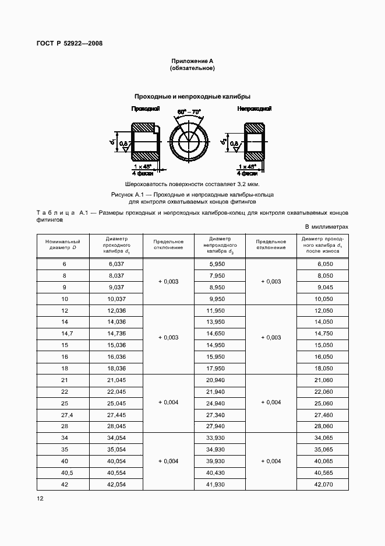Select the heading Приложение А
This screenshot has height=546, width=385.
pyautogui.click(x=192, y=61)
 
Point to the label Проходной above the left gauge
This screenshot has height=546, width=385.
pyautogui.click(x=144, y=109)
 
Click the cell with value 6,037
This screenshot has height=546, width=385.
pyautogui.click(x=116, y=264)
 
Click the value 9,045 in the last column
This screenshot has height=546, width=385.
pyautogui.click(x=323, y=287)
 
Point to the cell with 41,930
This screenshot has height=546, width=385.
pyautogui.click(x=219, y=484)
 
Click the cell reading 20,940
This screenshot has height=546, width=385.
pyautogui.click(x=219, y=380)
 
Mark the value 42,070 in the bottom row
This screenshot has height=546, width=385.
pyautogui.click(x=323, y=484)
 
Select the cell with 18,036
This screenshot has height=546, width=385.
pyautogui.click(x=116, y=367)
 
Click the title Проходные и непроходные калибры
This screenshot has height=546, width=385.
pyautogui.click(x=192, y=96)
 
